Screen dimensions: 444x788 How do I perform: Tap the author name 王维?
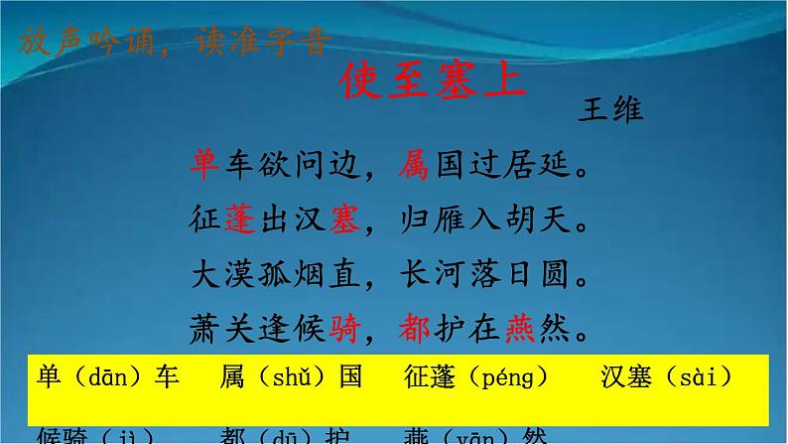coord(609,109)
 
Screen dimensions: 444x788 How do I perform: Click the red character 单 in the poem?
coord(202,162)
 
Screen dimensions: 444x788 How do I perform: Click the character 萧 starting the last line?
coord(202,324)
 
